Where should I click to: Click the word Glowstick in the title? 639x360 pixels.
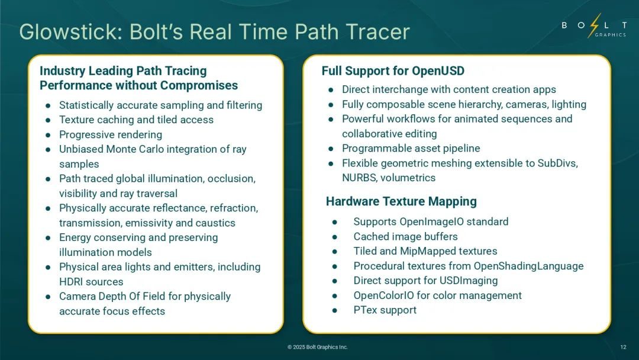[x=70, y=32]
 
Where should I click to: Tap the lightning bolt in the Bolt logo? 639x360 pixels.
[x=594, y=25]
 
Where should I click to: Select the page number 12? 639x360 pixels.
[x=623, y=347]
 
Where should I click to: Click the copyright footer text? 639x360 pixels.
[x=318, y=347]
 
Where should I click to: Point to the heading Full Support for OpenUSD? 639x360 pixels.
[x=393, y=71]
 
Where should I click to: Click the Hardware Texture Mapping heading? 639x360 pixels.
[x=401, y=201]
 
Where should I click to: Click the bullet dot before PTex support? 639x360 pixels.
[x=334, y=310]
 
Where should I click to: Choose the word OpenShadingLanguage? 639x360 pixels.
[x=528, y=266]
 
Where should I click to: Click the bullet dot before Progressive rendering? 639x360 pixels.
[x=48, y=134]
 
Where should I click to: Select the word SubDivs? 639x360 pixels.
[x=557, y=163]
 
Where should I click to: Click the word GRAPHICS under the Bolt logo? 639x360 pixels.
[x=611, y=35]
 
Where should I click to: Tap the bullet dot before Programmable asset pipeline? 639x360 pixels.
[x=331, y=149]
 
